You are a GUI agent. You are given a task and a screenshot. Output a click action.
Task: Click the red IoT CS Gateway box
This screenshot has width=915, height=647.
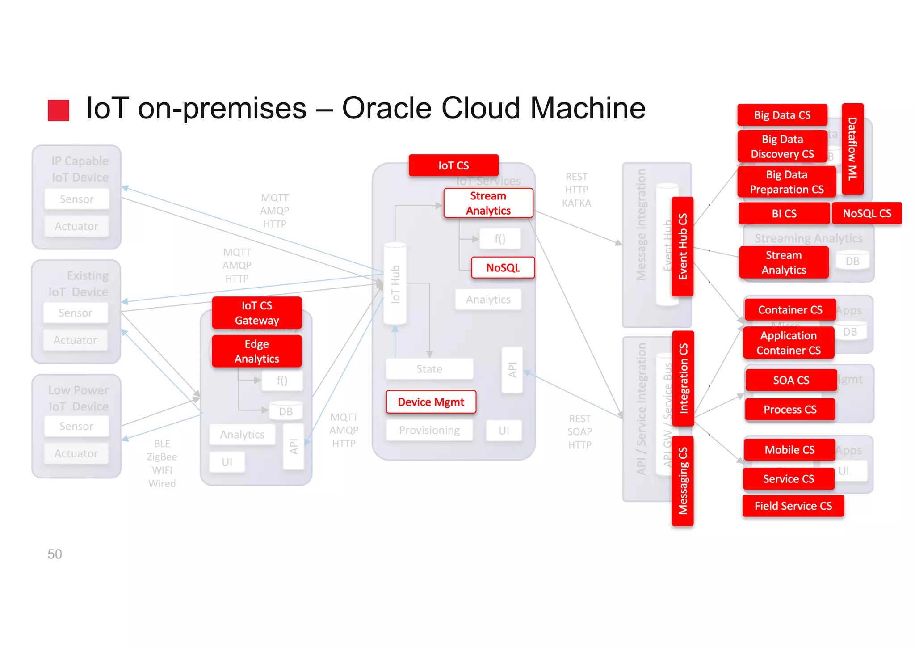(257, 313)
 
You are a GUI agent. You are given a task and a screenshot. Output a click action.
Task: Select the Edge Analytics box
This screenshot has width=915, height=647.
(257, 351)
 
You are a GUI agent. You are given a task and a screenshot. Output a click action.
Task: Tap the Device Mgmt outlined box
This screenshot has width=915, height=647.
(431, 402)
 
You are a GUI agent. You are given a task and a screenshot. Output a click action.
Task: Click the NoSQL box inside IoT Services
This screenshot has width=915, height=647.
(503, 267)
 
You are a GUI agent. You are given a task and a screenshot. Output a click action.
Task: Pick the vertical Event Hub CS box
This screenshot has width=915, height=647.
(682, 246)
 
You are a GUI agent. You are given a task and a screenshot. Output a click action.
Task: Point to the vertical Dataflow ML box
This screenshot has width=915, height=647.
(852, 148)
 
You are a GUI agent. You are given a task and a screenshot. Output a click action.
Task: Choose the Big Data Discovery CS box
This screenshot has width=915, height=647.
(782, 146)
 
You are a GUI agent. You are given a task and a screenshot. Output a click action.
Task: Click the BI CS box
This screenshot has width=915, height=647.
(784, 213)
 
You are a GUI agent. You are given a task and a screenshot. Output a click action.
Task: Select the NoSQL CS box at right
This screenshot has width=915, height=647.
(866, 213)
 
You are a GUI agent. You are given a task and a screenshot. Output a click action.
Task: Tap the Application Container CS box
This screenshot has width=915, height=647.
(788, 343)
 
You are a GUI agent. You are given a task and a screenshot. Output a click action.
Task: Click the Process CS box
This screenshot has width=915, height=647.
(789, 409)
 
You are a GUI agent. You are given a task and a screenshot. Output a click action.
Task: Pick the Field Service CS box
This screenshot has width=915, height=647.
(793, 506)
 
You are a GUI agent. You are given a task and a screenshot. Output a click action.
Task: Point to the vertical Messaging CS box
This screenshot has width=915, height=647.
(682, 481)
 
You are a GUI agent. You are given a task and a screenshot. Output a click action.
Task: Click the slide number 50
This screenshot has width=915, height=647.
(55, 554)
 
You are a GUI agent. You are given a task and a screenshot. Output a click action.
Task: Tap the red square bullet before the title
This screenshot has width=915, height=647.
(59, 110)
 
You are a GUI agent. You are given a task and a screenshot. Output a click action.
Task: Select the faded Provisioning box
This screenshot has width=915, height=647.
(429, 430)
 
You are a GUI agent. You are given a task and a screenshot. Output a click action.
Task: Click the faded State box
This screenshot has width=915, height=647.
(429, 369)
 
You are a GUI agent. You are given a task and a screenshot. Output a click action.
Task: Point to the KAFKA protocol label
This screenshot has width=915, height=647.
(576, 203)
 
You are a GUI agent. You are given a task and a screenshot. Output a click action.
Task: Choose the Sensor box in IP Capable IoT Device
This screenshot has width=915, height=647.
(76, 199)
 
